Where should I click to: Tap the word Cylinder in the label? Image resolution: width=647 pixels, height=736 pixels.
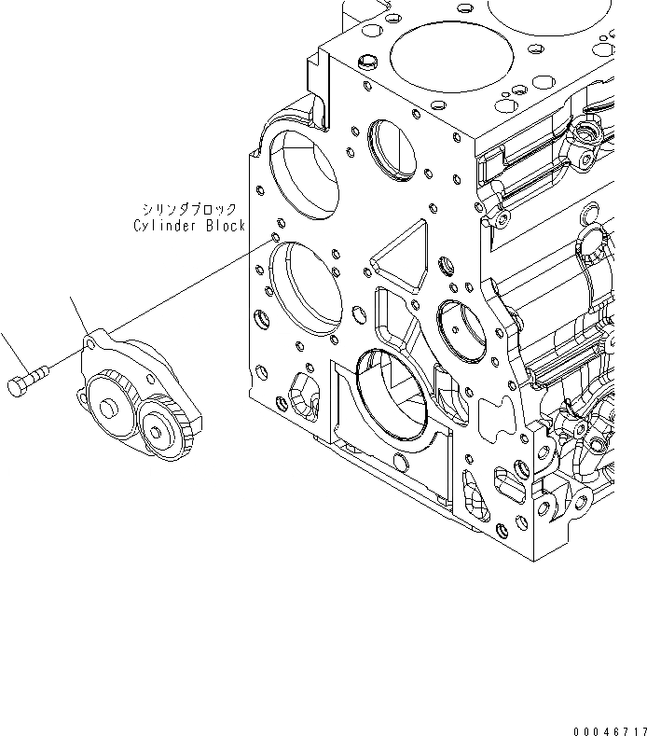(161, 225)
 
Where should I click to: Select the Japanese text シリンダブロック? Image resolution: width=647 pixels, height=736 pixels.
(186, 211)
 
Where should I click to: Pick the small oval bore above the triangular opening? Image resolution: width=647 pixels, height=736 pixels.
(392, 149)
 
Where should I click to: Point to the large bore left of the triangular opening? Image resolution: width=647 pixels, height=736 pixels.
(304, 289)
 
